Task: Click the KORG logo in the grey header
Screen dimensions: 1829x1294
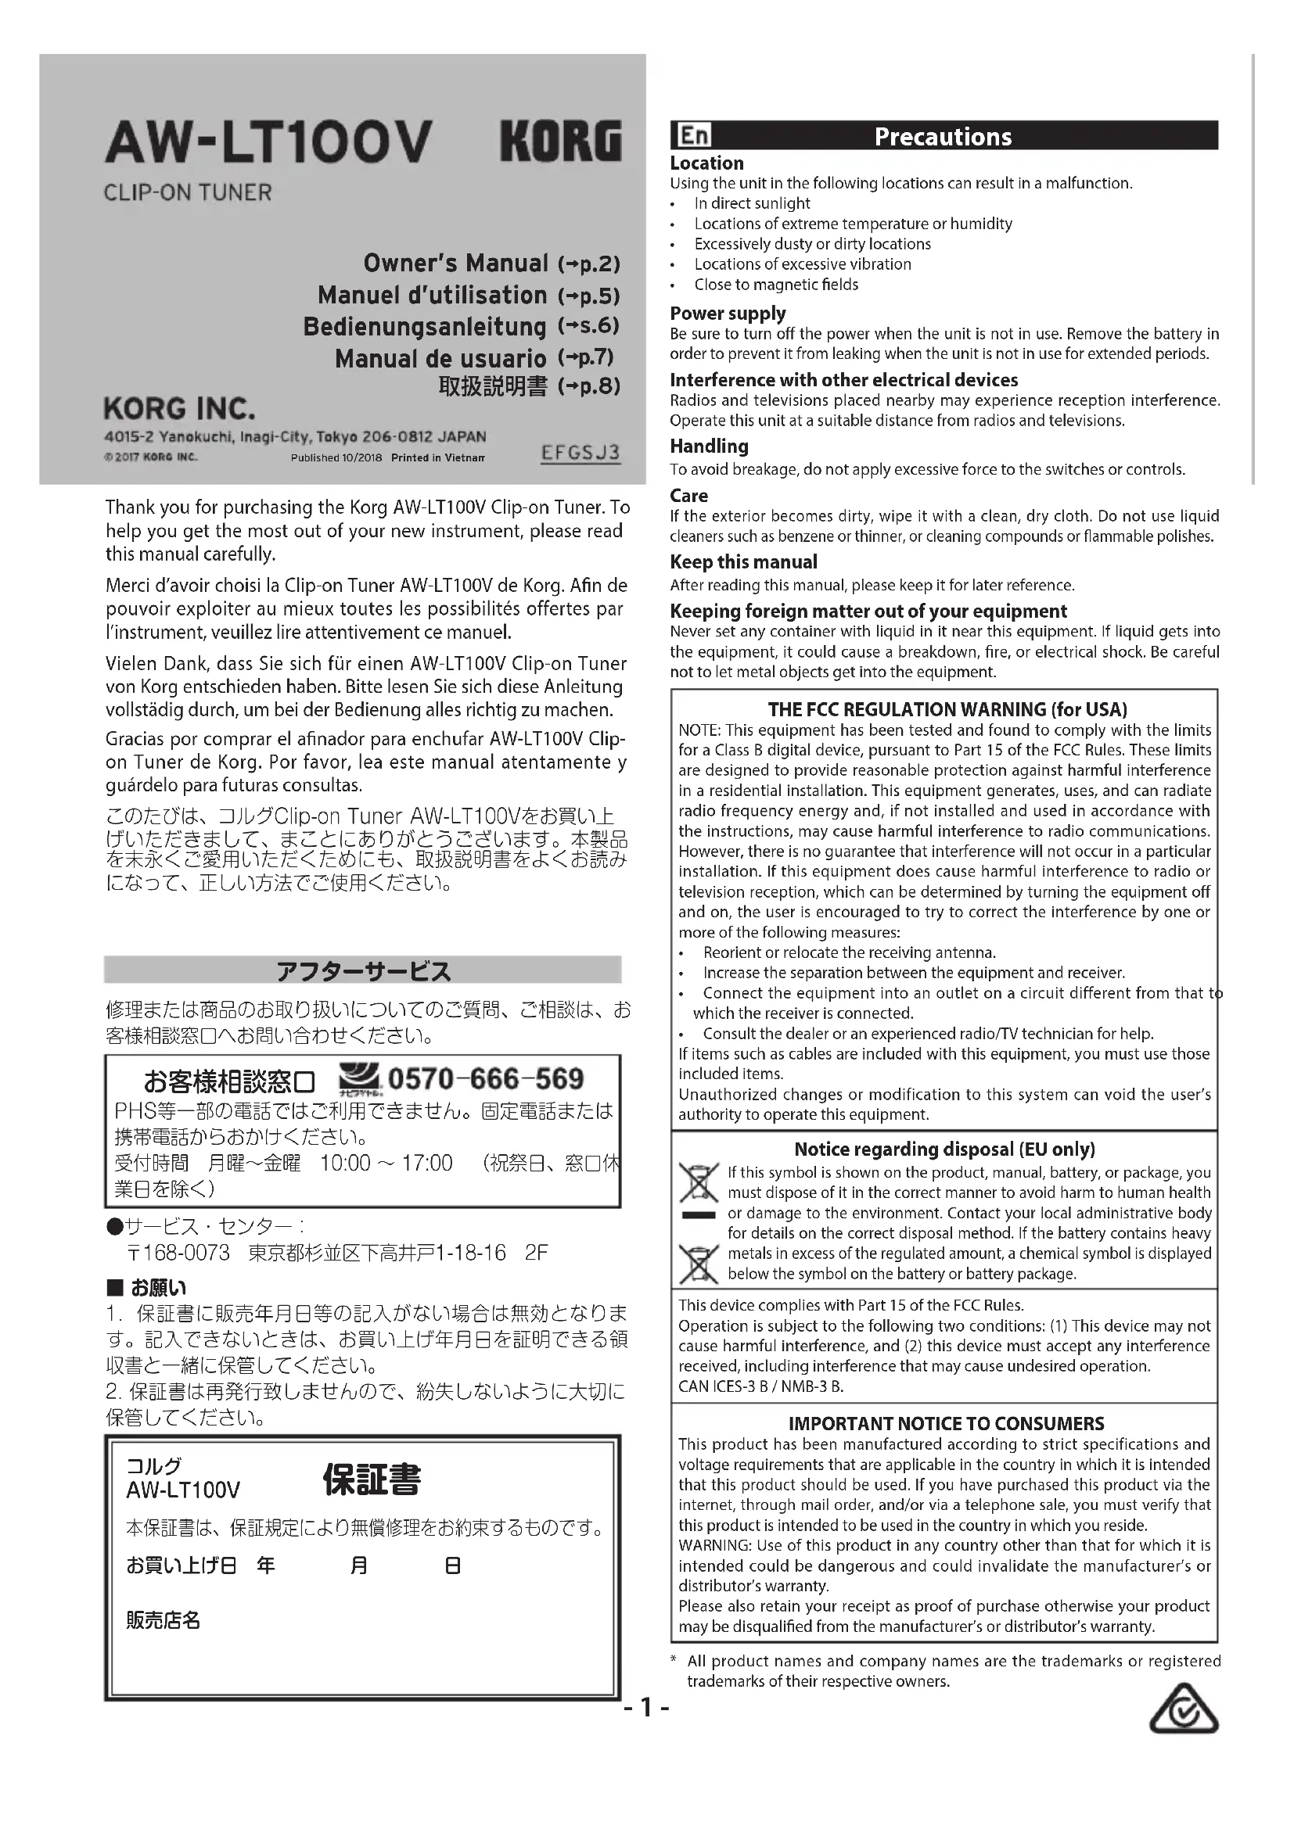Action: pyautogui.click(x=560, y=142)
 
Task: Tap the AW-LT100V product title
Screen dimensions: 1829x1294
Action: pyautogui.click(x=268, y=142)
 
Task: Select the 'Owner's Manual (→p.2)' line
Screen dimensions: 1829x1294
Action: pyautogui.click(x=491, y=264)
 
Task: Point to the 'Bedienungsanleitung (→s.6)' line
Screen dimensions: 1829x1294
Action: pyautogui.click(x=461, y=327)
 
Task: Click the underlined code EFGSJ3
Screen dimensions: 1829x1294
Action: pyautogui.click(x=580, y=454)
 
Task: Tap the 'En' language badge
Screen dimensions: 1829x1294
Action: pyautogui.click(x=692, y=135)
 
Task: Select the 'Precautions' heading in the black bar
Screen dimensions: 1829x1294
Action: pyautogui.click(x=943, y=136)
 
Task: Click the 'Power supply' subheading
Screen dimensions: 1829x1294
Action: pyautogui.click(x=728, y=313)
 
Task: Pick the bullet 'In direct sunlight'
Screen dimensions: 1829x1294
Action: pyautogui.click(x=751, y=203)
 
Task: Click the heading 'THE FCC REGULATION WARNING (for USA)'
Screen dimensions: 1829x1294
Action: pyautogui.click(x=947, y=709)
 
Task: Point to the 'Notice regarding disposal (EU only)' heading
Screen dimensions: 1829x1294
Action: pyautogui.click(x=944, y=1149)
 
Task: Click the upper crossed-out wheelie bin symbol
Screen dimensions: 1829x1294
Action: pyautogui.click(x=698, y=1182)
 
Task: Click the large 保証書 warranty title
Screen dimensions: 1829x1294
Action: pyautogui.click(x=371, y=1479)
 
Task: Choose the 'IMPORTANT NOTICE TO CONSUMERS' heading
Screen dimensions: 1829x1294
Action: pyautogui.click(x=946, y=1422)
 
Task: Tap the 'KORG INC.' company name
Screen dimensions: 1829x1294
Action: pyautogui.click(x=179, y=409)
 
